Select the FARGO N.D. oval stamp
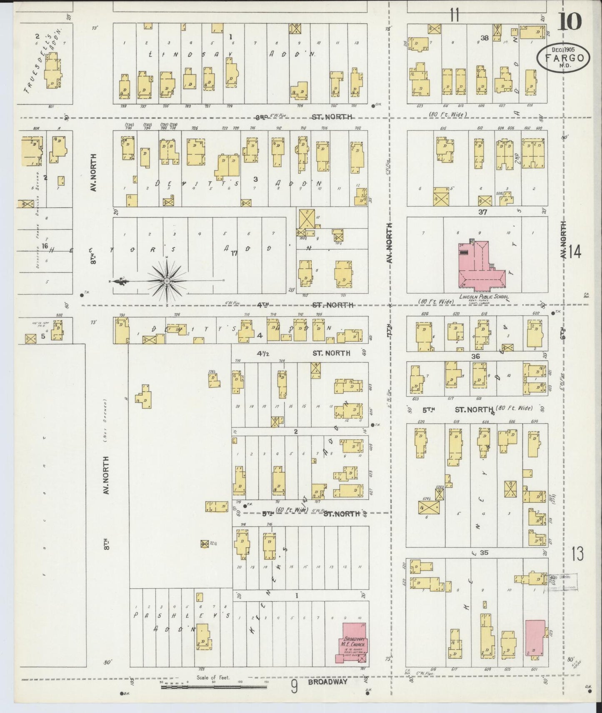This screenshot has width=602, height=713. (563, 57)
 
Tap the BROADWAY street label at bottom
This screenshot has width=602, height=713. (327, 681)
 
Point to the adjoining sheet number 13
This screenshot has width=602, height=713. (577, 554)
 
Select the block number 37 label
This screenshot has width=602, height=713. (483, 212)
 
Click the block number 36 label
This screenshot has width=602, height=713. (475, 356)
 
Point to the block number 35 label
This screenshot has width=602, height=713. (484, 553)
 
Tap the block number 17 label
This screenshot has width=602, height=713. (234, 253)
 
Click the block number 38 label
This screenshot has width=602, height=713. (484, 38)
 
